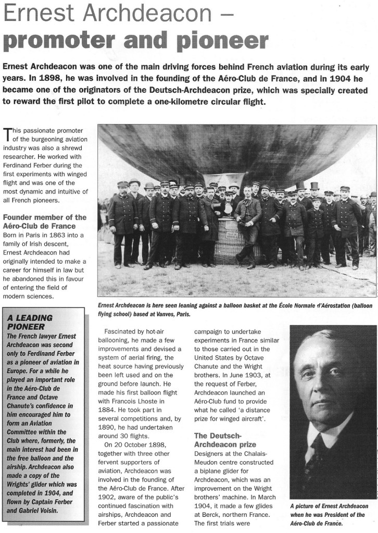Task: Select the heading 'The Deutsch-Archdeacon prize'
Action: click(x=225, y=440)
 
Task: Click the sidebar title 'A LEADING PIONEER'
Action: click(x=31, y=322)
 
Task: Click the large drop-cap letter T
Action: click(x=7, y=135)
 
